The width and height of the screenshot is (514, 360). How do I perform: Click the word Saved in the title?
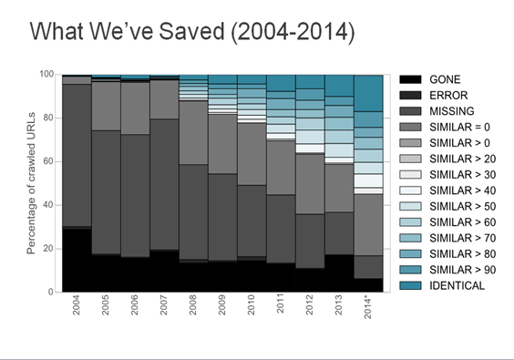coord(192,32)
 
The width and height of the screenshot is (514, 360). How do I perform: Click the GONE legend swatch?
coord(410,79)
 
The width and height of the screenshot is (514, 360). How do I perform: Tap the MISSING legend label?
coord(452,111)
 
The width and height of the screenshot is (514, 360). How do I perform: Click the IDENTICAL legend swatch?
coord(410,285)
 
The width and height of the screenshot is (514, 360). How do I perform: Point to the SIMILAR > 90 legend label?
coord(463,270)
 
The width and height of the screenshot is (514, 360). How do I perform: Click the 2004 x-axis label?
coord(76,305)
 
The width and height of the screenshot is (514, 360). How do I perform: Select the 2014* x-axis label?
coord(368,306)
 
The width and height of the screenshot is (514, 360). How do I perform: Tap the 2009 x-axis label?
coord(222,305)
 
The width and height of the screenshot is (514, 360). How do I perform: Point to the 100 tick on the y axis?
coord(46,74)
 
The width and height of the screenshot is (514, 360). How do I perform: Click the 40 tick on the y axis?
coord(48,205)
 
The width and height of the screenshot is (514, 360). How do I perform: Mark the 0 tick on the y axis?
coord(51,292)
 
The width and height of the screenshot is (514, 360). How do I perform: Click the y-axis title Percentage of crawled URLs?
coord(31,183)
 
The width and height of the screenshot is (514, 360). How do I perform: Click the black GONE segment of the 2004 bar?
coord(77,261)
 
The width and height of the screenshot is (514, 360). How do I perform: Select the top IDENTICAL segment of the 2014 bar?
coord(368,94)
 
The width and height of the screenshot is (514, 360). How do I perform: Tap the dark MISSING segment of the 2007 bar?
coord(164,184)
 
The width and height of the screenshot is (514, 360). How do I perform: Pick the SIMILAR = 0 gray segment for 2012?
coord(310,184)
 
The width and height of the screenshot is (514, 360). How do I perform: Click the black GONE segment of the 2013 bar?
coord(339,273)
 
